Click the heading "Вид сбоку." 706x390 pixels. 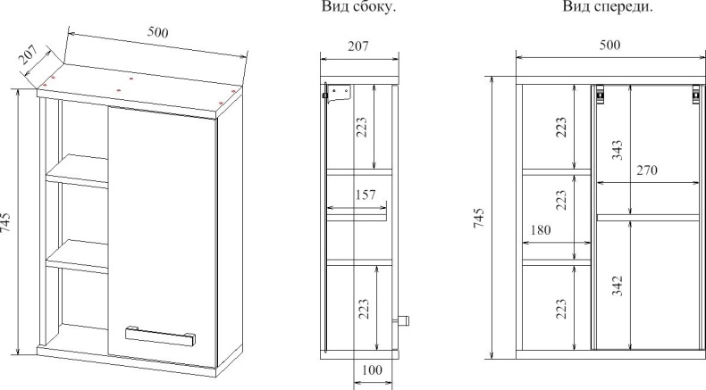click(359, 7)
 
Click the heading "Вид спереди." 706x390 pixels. click(608, 7)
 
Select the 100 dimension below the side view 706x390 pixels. click(372, 369)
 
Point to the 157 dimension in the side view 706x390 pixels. click(366, 195)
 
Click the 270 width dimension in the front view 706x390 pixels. click(647, 170)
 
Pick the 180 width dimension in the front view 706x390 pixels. click(541, 230)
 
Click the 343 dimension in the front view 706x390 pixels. click(618, 150)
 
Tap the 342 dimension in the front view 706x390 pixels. click(618, 286)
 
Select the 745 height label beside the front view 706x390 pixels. click(479, 218)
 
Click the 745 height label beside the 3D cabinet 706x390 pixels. click(5, 222)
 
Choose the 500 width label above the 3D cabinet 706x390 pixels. click(157, 32)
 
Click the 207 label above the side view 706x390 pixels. click(358, 46)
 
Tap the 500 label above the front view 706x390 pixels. click(610, 45)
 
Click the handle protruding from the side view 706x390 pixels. click(400, 321)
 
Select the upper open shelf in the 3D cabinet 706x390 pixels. click(78, 170)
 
